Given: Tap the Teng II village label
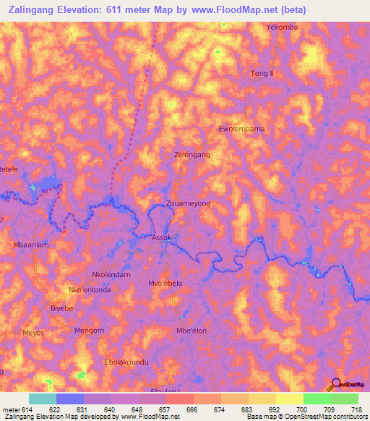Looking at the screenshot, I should pos(263,75).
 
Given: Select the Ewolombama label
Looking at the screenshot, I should pos(241,129).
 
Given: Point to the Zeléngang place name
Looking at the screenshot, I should pos(192,156).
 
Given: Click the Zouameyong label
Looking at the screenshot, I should pos(188,205).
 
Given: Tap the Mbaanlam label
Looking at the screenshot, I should pos(31,245).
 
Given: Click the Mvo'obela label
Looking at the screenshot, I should pos(165,283).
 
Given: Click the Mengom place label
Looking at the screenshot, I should pos(90,331).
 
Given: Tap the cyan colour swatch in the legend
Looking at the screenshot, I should pos(42,399).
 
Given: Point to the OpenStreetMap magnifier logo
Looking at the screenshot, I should pos(336,384).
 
